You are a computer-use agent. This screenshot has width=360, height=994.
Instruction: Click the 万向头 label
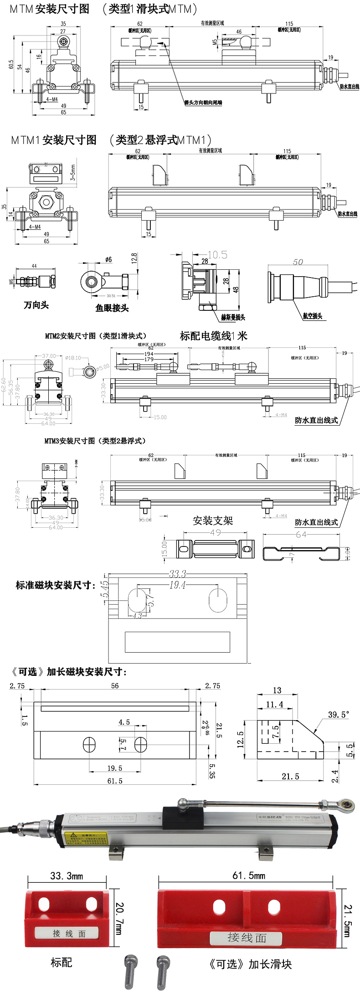(x=36, y=305)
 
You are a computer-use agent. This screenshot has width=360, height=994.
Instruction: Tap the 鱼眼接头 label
(x=112, y=308)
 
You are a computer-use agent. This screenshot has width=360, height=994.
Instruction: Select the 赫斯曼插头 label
(x=233, y=317)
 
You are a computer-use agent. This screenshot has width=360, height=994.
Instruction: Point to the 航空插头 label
(x=313, y=316)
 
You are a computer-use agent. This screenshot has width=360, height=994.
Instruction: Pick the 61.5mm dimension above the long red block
(x=248, y=876)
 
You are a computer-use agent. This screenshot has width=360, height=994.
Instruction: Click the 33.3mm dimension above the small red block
(x=67, y=876)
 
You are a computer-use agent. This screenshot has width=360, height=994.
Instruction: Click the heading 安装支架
(x=213, y=520)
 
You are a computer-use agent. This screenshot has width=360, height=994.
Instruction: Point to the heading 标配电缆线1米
(x=213, y=336)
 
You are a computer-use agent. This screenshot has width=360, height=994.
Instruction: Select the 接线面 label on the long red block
(x=247, y=937)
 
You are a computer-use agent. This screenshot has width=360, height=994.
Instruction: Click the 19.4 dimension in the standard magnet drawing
(x=177, y=585)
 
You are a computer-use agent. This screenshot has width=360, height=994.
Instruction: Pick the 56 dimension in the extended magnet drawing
(x=115, y=685)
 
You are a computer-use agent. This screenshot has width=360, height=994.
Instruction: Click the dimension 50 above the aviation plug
(x=298, y=262)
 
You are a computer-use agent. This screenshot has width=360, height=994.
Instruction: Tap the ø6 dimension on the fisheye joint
(x=108, y=259)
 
